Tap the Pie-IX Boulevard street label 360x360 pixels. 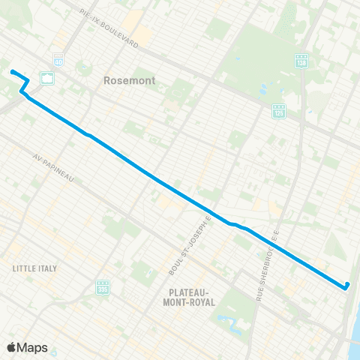pyautogui.click(x=109, y=29)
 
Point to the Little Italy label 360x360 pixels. pyautogui.click(x=34, y=267)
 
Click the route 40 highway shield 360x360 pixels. pyautogui.click(x=58, y=59)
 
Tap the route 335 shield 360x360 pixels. pyautogui.click(x=103, y=286)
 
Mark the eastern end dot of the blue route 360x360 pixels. pyautogui.click(x=346, y=285)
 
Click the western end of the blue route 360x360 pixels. pyautogui.click(x=12, y=71)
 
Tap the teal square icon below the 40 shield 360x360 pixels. pyautogui.click(x=46, y=78)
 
